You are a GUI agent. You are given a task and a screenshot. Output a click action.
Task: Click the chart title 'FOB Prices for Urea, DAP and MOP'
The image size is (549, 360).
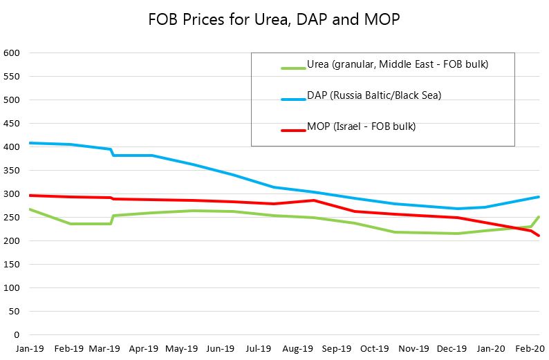pyautogui.click(x=274, y=19)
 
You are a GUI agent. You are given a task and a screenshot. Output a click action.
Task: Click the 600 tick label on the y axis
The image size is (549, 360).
pyautogui.click(x=12, y=53)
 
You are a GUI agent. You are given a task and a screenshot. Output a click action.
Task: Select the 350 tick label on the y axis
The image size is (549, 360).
pyautogui.click(x=12, y=171)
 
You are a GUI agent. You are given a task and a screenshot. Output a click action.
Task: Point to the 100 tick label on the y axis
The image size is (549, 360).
pyautogui.click(x=12, y=288)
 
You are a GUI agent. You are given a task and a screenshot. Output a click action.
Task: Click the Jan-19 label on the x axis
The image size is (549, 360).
pyautogui.click(x=29, y=349)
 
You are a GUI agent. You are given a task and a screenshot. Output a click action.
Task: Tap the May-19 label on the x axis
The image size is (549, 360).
pyautogui.click(x=182, y=349)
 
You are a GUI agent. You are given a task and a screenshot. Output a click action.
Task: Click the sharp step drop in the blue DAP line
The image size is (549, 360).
pyautogui.click(x=112, y=152)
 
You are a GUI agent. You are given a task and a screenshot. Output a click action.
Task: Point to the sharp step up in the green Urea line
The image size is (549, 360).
pyautogui.click(x=112, y=219)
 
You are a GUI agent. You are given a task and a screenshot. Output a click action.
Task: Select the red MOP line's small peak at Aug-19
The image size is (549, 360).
pyautogui.click(x=314, y=200)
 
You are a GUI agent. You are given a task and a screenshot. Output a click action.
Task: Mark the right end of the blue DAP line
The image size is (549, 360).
pyautogui.click(x=539, y=197)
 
